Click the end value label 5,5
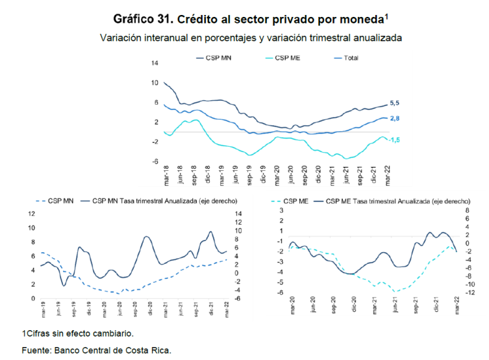point(394,103)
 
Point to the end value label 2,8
point(394,118)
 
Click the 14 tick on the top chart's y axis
point(155,63)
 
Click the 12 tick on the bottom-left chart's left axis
point(31,214)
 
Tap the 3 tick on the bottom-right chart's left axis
point(281,211)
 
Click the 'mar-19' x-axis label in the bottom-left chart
point(44,311)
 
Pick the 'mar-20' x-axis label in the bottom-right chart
point(293,307)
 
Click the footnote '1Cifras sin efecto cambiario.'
point(78,333)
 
